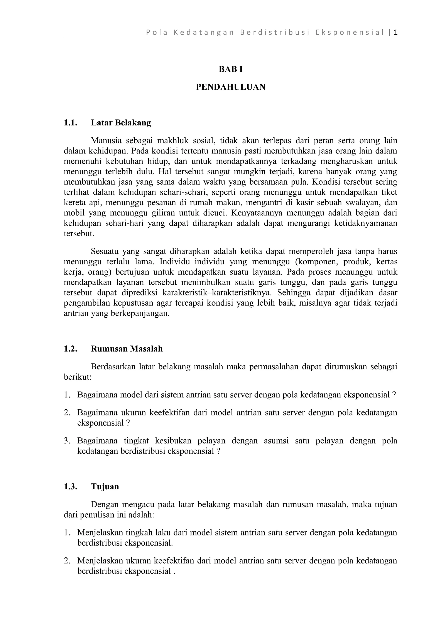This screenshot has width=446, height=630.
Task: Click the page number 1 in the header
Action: pos(395,33)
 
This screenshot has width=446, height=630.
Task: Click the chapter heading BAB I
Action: pos(231,69)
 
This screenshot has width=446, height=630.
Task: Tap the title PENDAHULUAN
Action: pos(231,87)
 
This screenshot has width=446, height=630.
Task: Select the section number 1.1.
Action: pos(70,123)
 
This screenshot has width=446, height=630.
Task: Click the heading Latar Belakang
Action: pos(121,123)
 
